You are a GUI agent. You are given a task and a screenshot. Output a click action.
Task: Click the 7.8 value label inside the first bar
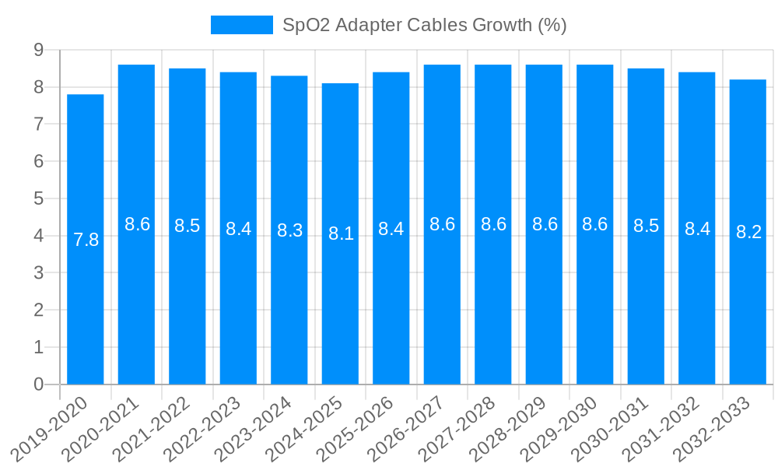coord(86,240)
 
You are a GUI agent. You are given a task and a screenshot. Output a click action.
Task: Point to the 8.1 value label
coord(341,233)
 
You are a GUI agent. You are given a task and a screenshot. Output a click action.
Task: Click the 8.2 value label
coord(748,232)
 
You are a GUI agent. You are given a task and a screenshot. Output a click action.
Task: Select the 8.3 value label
coord(289,230)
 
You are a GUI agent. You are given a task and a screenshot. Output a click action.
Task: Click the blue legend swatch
coord(241,25)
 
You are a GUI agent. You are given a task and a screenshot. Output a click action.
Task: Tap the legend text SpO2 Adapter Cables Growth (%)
coord(424,25)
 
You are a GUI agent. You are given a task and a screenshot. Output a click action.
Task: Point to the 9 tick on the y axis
coord(38,50)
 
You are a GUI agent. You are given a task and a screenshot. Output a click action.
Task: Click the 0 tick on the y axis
coord(38,384)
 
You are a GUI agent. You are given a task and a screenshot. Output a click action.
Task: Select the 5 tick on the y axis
coord(38,198)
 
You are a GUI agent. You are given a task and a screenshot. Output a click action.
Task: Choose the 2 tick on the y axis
coord(38,310)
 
